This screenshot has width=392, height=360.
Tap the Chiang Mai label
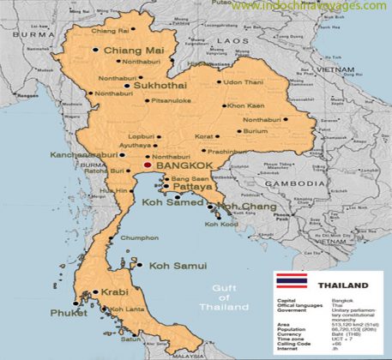pos(133,51)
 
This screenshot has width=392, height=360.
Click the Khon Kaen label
pos(245,105)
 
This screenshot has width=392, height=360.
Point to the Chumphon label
pos(141,237)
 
